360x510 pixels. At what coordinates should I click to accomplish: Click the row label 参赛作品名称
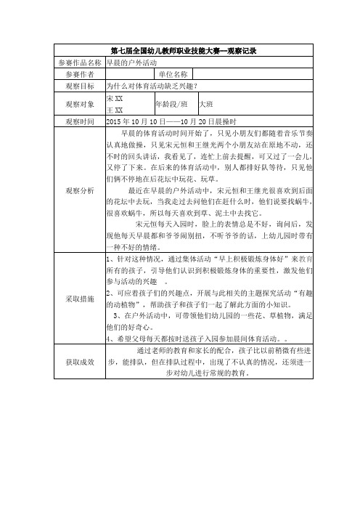[80, 62]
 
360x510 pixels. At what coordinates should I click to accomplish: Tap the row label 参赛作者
[80, 74]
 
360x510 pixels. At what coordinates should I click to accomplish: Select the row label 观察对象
[80, 104]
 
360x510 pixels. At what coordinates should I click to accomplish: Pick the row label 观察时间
[80, 121]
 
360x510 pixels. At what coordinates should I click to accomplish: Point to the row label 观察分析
[80, 190]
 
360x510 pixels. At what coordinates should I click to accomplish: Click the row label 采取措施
[80, 299]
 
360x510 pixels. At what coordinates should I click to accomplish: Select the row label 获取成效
[80, 360]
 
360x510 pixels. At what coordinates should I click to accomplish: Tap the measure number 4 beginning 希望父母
[109, 339]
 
